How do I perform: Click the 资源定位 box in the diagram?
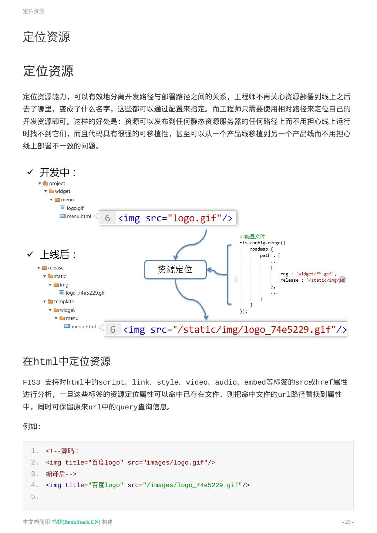[175, 269]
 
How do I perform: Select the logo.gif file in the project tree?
[75, 208]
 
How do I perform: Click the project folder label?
[57, 183]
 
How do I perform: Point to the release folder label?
[55, 268]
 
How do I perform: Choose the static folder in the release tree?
[60, 276]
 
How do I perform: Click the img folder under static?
[64, 285]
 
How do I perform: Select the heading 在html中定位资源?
[67, 361]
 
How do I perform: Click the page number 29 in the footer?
[348, 522]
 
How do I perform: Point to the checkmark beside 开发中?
[31, 172]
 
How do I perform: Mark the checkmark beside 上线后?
[31, 254]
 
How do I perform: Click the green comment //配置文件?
[252, 237]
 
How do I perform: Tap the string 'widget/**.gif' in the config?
[316, 274]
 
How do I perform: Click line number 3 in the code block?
[35, 474]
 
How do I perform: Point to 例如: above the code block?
[32, 426]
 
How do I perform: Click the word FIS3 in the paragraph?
[31, 382]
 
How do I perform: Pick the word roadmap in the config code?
[259, 249]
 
